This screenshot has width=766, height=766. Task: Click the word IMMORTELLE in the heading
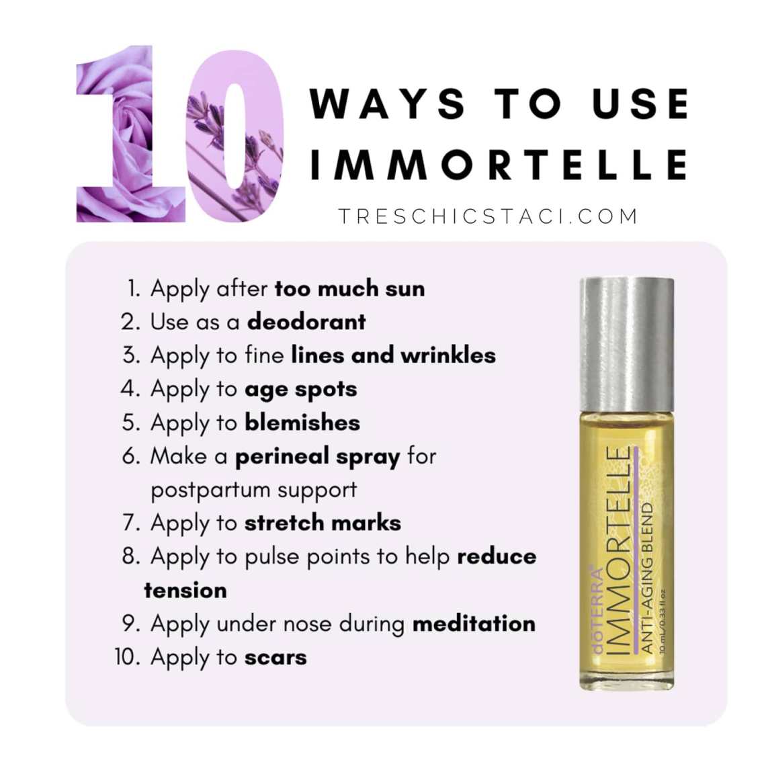coord(499,165)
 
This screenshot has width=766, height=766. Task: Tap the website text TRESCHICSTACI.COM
coord(488,216)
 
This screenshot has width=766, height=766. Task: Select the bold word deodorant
coord(306,322)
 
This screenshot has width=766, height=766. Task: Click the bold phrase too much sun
coord(349,288)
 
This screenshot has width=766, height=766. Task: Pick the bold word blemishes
coord(302,423)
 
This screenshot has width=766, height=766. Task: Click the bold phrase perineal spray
coord(318,458)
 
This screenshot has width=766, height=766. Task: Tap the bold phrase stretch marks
coord(323,523)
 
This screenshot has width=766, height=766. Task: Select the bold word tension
coord(185,591)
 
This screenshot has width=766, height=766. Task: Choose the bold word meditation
coord(474,624)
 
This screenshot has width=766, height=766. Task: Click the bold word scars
coord(275,658)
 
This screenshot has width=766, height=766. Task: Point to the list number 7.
coord(131,523)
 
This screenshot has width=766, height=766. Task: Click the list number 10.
coord(128,657)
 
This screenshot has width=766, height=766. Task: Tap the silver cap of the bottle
coord(627,345)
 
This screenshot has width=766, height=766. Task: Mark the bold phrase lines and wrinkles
coord(393,355)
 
